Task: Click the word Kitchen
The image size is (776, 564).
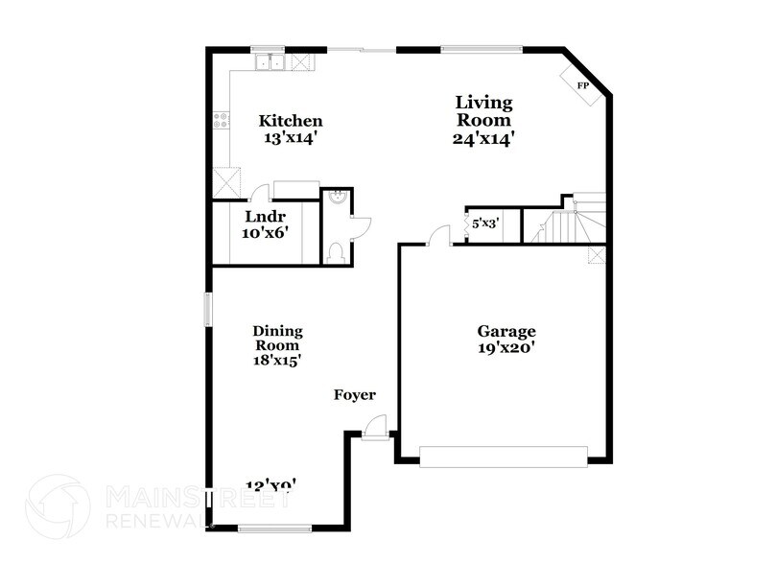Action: point(291,121)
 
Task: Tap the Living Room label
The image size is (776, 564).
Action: point(483,110)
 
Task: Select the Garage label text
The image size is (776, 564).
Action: point(506,332)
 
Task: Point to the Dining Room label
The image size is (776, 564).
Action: point(277,338)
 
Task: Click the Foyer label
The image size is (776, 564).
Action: point(354,395)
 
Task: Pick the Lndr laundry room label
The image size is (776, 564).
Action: point(261,217)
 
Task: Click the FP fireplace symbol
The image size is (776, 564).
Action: point(581,85)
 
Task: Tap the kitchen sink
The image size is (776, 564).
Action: point(270,62)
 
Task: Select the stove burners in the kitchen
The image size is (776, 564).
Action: point(222,120)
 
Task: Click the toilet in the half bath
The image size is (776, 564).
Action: point(336,251)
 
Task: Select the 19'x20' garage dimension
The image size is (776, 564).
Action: point(506,349)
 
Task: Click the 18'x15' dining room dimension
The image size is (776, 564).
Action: point(277,362)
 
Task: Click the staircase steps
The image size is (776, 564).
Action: point(561,228)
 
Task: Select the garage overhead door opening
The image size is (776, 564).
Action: point(504,457)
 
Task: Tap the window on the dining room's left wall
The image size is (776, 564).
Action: point(207,312)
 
